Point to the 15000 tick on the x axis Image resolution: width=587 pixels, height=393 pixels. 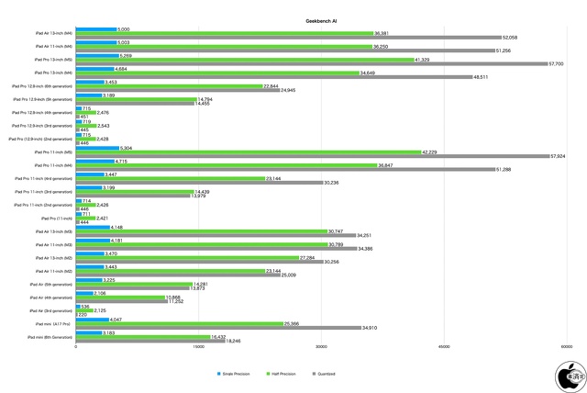click(198, 346)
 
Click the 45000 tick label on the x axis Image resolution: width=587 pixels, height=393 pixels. click(444, 346)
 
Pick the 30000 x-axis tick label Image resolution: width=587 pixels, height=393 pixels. click(321, 346)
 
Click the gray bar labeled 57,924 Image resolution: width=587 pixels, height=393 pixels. click(312, 157)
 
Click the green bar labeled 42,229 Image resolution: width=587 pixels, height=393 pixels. click(248, 152)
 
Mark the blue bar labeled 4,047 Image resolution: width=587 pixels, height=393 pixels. click(92, 319)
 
